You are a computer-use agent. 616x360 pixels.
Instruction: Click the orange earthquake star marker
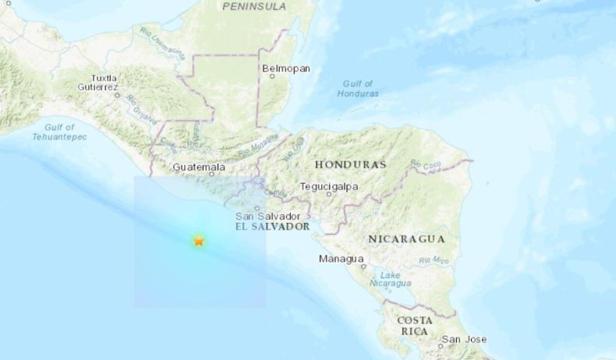(199, 242)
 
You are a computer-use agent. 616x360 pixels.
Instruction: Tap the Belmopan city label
(286, 69)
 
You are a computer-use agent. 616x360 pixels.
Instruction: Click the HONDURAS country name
(350, 165)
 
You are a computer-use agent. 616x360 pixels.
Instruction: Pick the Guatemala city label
(199, 168)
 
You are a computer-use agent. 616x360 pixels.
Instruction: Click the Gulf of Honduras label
(359, 88)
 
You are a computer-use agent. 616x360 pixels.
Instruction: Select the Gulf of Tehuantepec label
(59, 132)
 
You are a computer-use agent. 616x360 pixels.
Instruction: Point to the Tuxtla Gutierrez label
(104, 83)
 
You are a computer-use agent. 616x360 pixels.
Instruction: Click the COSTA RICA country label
(415, 326)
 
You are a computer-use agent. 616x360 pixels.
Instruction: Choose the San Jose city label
(464, 339)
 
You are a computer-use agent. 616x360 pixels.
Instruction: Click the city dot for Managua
(363, 266)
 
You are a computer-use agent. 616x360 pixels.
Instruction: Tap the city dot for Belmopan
(269, 77)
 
